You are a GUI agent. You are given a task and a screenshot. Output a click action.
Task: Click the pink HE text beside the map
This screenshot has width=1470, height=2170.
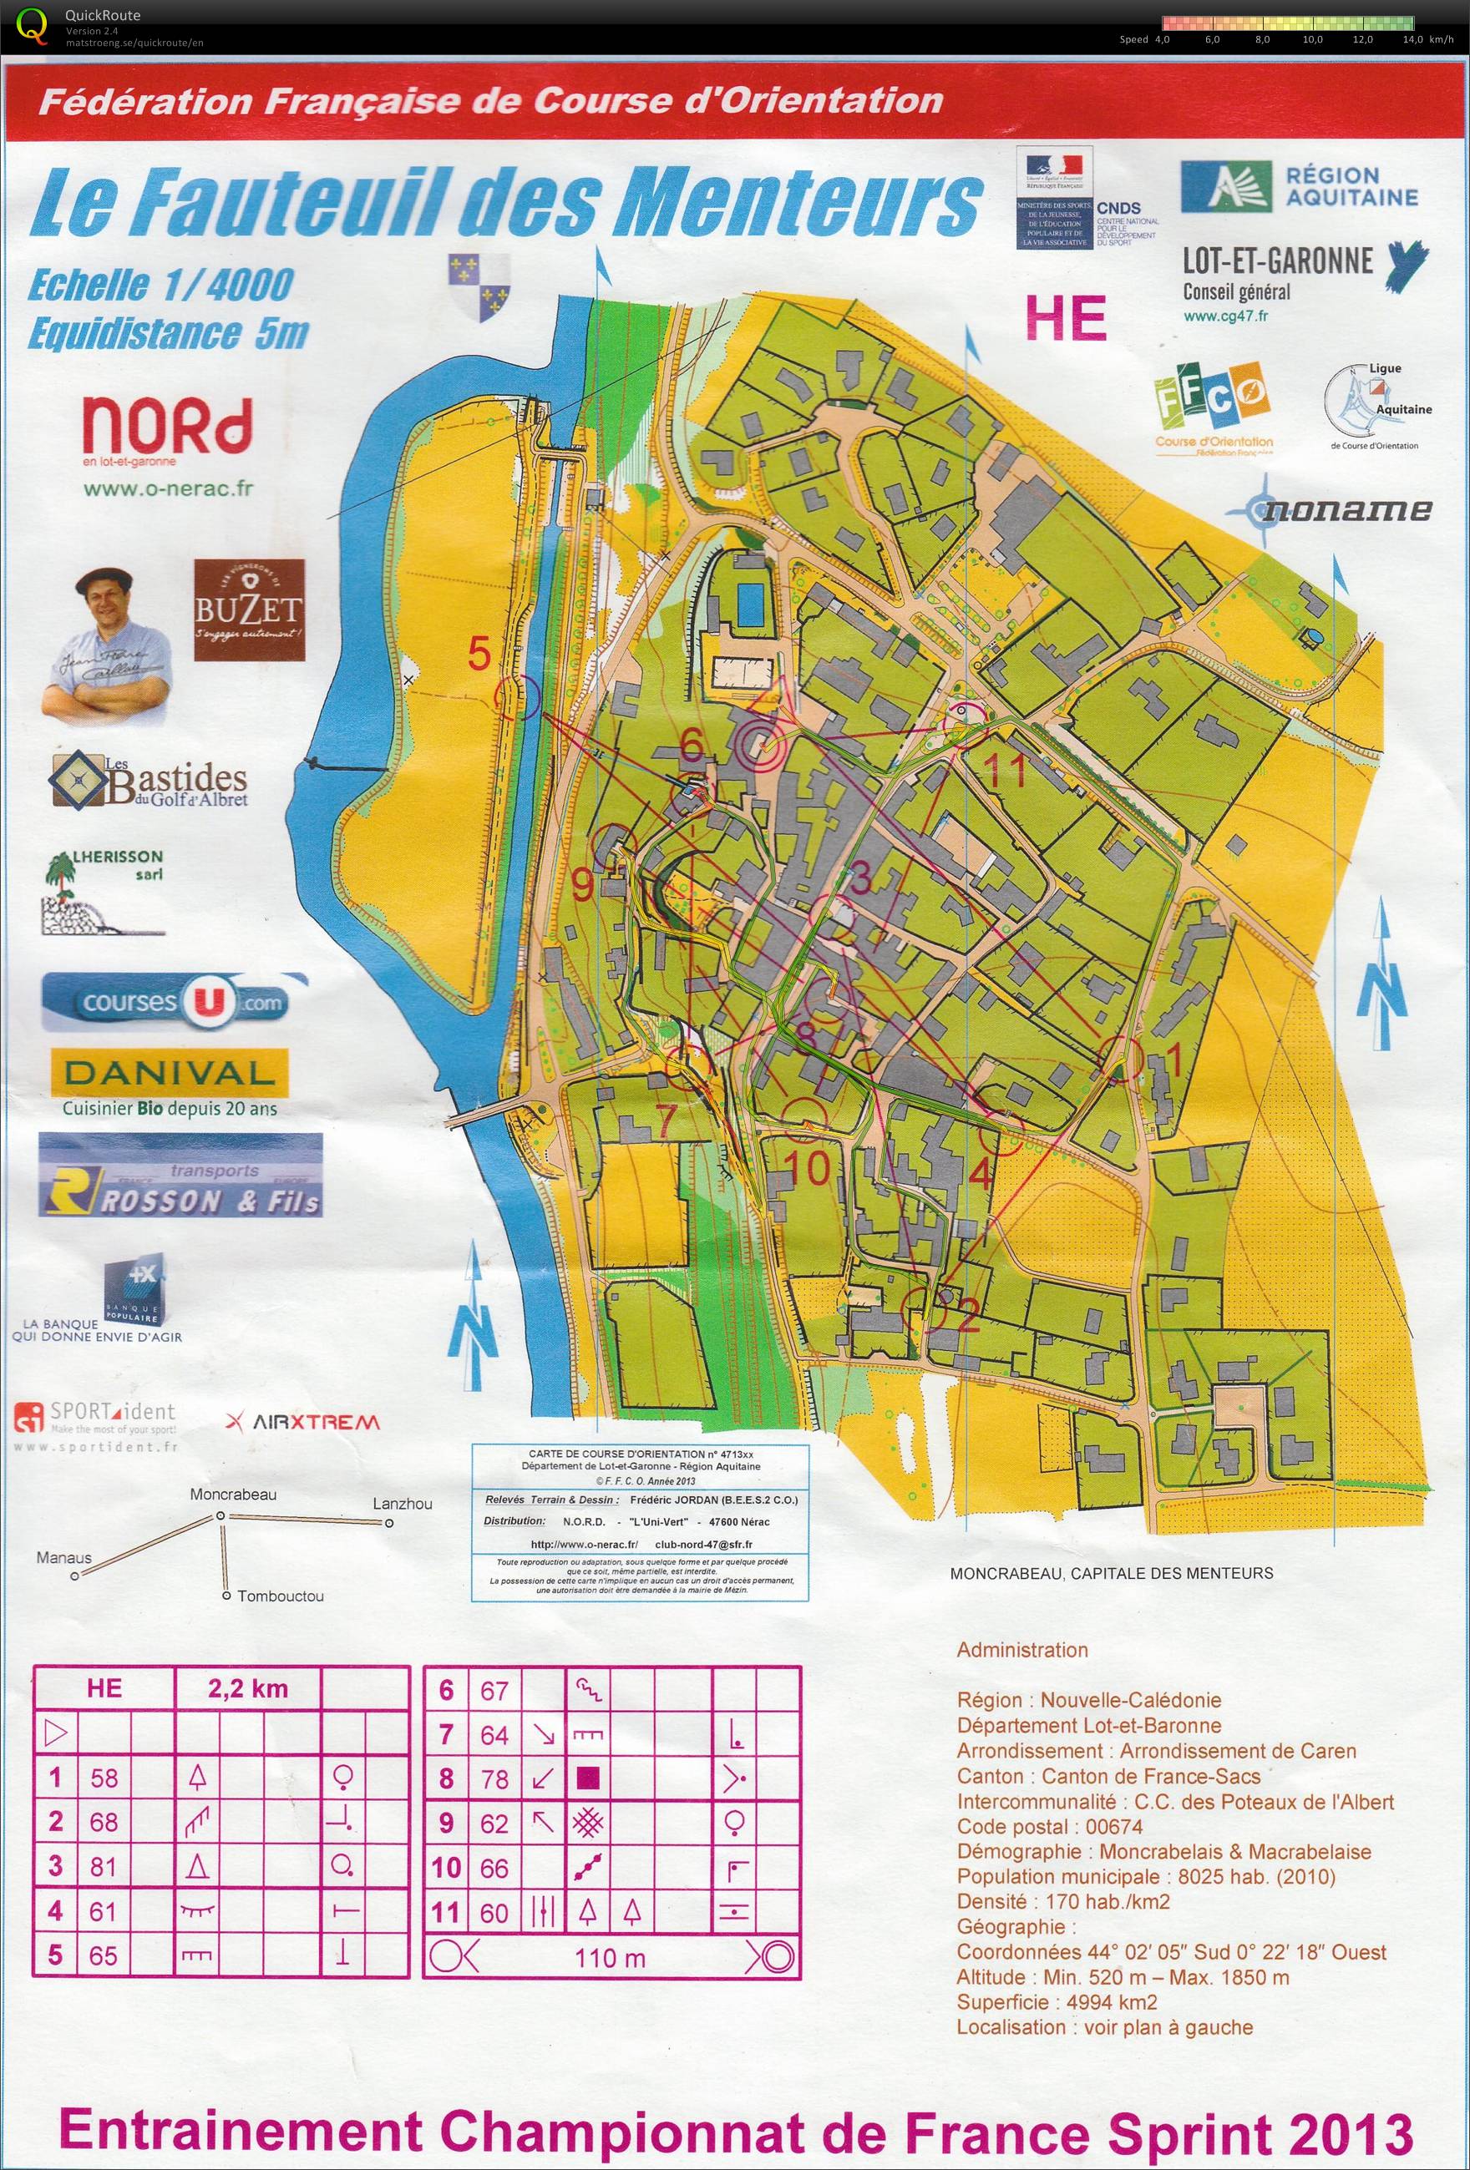pos(1067,317)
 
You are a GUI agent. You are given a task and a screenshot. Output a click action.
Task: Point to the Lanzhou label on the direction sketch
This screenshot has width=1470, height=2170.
pos(403,1504)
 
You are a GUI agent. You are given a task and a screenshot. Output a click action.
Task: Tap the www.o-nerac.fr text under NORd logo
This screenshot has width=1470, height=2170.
pos(168,488)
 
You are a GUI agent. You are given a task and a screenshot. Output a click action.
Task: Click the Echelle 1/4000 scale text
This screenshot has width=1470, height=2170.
pos(160,285)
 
